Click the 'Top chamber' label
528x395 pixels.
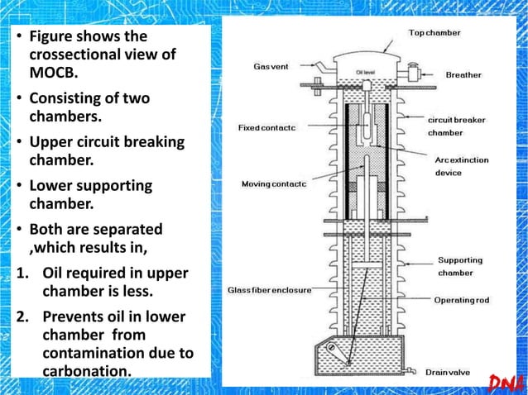[434, 33]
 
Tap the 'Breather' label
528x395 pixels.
[463, 75]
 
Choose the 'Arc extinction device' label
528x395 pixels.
[461, 166]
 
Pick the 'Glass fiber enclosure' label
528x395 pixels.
[270, 290]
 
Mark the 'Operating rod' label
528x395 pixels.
[466, 301]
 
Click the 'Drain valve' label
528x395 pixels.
[448, 373]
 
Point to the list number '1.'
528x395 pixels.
[19, 274]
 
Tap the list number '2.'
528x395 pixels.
[19, 317]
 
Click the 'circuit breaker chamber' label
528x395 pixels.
[457, 126]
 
